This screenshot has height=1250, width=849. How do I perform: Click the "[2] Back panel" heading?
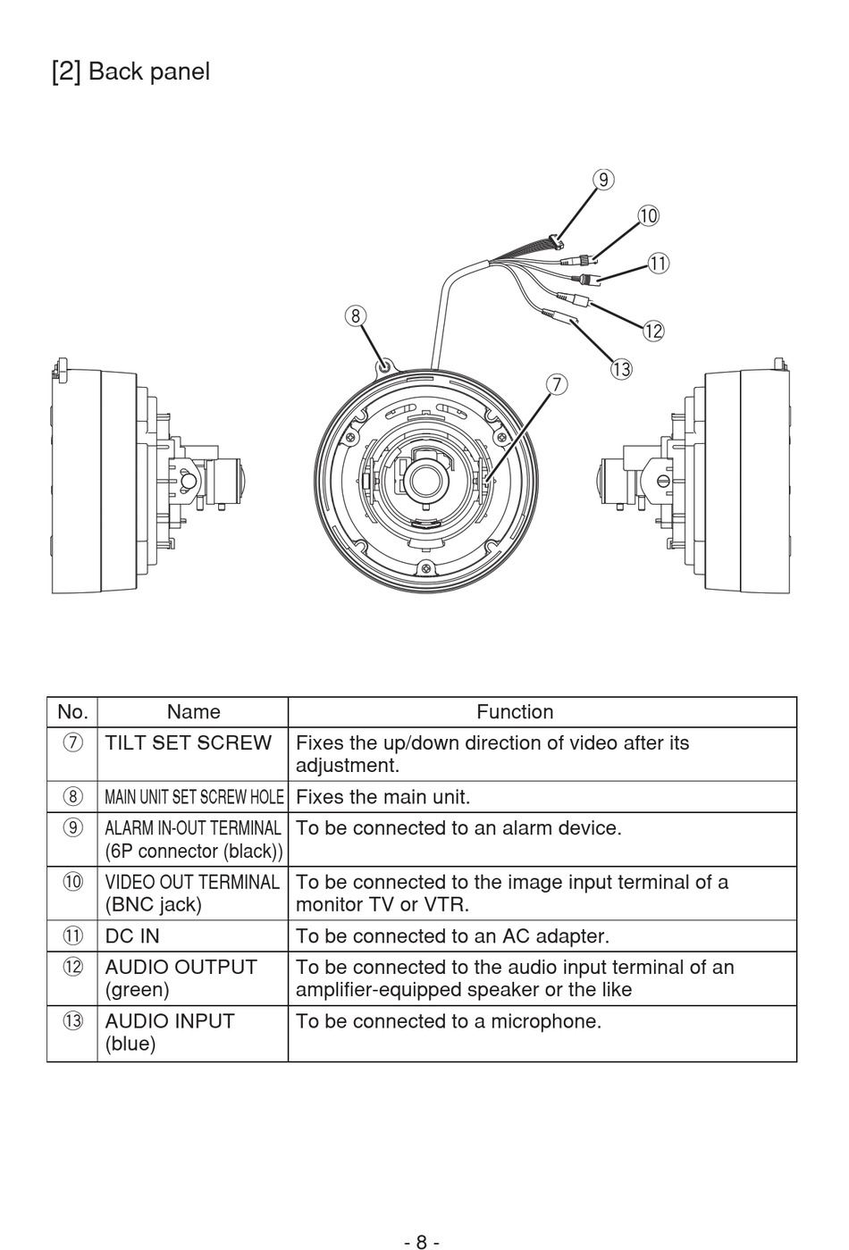point(130,71)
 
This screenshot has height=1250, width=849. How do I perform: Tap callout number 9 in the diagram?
point(604,180)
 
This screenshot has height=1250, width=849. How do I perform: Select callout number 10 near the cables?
point(648,215)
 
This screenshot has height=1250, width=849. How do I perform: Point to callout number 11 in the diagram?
point(658,263)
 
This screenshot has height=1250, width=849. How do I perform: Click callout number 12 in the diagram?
point(653,331)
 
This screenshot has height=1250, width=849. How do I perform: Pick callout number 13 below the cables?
point(621,368)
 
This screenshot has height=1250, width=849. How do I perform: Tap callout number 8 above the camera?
point(356,315)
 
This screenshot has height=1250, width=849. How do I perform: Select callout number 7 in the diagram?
point(556,384)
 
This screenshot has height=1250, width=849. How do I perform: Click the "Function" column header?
point(515,712)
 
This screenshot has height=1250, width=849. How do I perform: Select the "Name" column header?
point(193,712)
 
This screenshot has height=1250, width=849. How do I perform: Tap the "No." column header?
point(72,712)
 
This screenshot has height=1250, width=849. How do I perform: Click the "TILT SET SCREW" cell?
point(189,743)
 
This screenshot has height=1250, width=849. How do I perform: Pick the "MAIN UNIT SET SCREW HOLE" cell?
point(194,797)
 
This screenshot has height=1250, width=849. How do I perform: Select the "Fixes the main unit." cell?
point(382,797)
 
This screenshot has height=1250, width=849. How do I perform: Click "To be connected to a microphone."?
point(449,1021)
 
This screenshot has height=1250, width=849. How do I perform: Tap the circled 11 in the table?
point(72,936)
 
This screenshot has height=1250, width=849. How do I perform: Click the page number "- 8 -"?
point(421,1241)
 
